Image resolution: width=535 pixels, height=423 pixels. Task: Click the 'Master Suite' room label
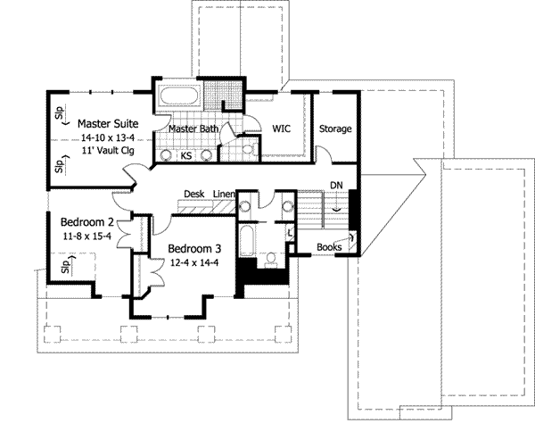pyautogui.click(x=107, y=123)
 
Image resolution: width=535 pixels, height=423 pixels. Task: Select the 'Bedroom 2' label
pyautogui.click(x=86, y=222)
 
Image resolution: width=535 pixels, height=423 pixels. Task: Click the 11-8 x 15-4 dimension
pyautogui.click(x=86, y=236)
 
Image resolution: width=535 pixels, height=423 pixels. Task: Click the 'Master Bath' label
pyautogui.click(x=194, y=129)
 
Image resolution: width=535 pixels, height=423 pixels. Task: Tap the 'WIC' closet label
pyautogui.click(x=283, y=129)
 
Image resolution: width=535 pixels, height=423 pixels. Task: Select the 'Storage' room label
pyautogui.click(x=336, y=129)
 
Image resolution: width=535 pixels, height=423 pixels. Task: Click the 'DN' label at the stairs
pyautogui.click(x=336, y=186)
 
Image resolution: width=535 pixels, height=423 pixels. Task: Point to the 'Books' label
pyautogui.click(x=328, y=247)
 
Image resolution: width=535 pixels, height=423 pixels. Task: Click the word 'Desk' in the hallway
pyautogui.click(x=193, y=194)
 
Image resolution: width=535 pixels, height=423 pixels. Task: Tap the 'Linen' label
pyautogui.click(x=224, y=194)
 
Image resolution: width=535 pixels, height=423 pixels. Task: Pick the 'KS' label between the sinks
pyautogui.click(x=186, y=156)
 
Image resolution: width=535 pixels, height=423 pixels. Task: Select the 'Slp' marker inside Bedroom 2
pyautogui.click(x=64, y=265)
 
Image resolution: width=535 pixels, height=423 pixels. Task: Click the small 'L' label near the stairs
pyautogui.click(x=292, y=233)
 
